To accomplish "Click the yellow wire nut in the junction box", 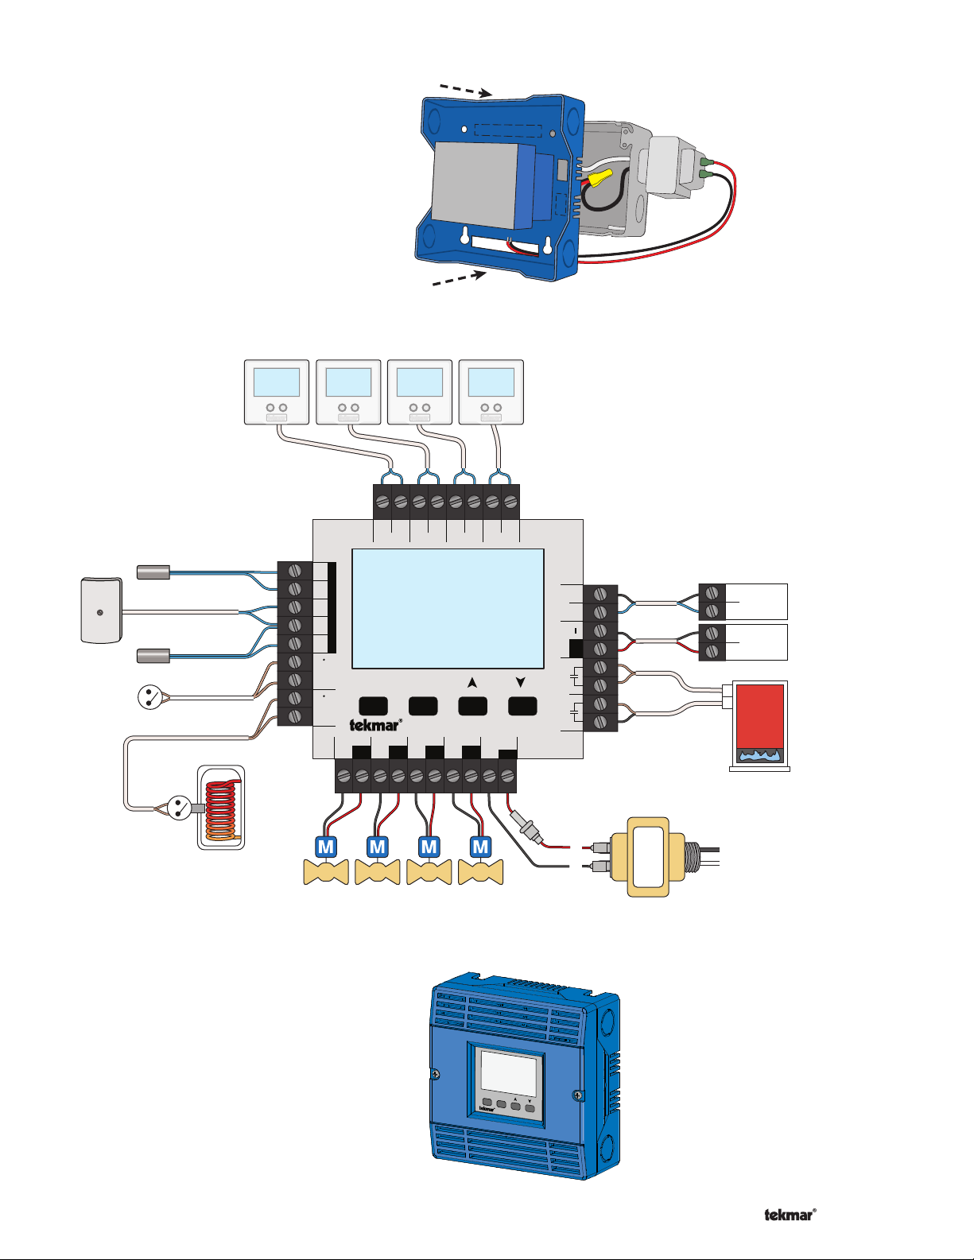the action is [x=600, y=176].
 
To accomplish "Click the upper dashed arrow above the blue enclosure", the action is [x=466, y=90].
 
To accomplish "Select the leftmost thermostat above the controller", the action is [x=277, y=392].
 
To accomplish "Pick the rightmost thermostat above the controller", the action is [x=491, y=392].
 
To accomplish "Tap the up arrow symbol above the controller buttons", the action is [x=472, y=683].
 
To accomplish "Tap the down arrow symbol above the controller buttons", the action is [x=521, y=682].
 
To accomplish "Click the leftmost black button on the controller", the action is [x=374, y=706].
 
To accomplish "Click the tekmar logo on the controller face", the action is [x=375, y=725].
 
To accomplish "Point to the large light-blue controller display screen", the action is [x=448, y=608].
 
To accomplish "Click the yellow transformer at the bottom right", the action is [x=648, y=857].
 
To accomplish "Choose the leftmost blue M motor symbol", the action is [x=326, y=847].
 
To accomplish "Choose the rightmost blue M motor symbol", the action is [x=480, y=847].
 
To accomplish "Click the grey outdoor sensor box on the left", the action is [x=102, y=610].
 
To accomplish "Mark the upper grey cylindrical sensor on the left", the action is [x=153, y=572].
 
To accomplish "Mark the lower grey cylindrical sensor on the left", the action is [x=153, y=657].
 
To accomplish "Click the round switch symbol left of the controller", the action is [x=149, y=697].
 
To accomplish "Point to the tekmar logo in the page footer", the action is [x=790, y=1215].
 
